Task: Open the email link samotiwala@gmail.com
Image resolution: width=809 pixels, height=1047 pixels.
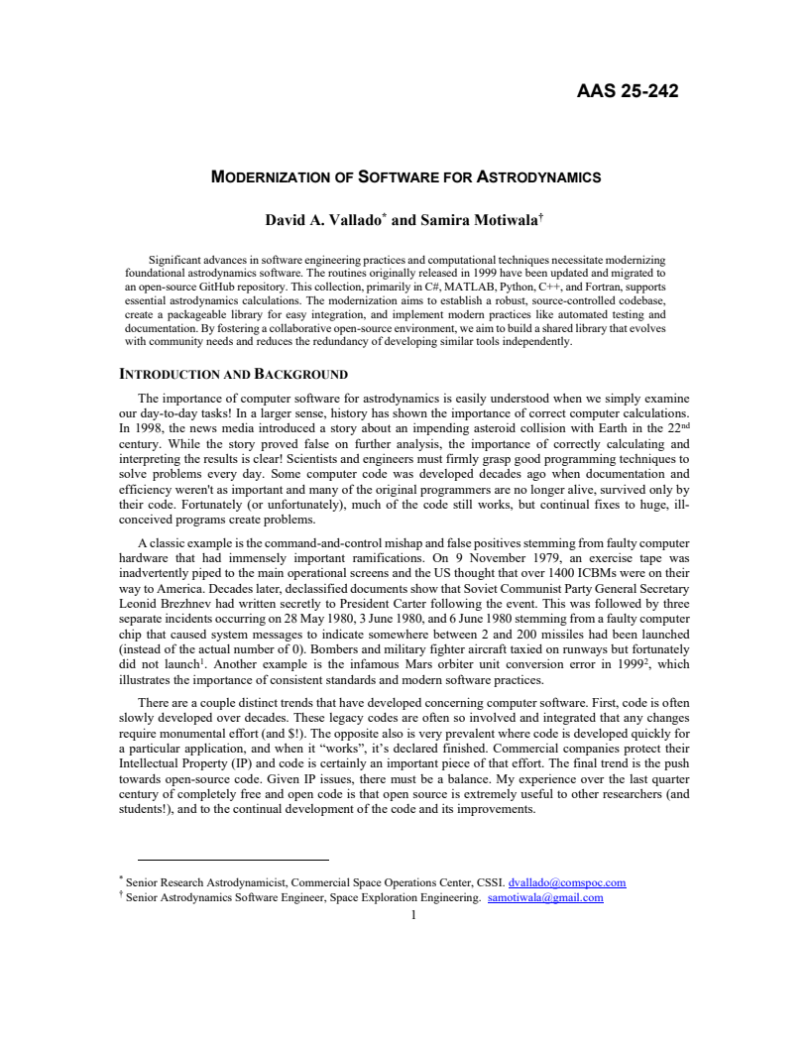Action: [x=545, y=898]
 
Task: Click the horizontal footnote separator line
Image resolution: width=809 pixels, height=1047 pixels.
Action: [x=233, y=860]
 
